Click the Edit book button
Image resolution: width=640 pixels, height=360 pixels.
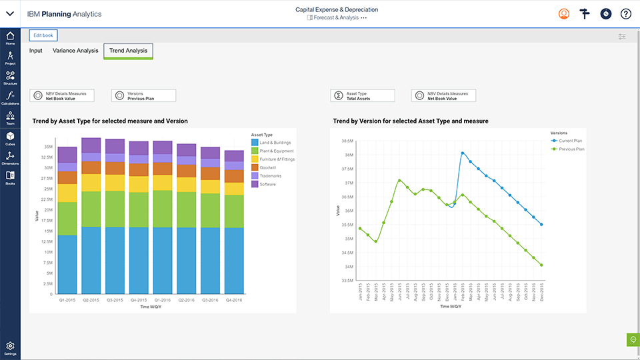click(43, 35)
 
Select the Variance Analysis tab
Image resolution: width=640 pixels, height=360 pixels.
click(75, 51)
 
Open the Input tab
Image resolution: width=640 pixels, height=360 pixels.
click(35, 51)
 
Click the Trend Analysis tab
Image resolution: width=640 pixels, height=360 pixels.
click(128, 51)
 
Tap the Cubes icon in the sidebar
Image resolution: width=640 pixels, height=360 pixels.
click(10, 138)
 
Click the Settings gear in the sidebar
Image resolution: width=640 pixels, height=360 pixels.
click(10, 347)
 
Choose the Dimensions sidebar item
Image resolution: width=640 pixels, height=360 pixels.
click(10, 157)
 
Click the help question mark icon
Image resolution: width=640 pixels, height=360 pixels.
click(625, 14)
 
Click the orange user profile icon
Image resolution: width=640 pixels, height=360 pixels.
click(564, 14)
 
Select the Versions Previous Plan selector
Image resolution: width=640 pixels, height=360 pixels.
click(143, 96)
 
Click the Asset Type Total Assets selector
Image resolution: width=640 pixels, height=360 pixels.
click(362, 96)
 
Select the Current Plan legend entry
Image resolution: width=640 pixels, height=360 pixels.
click(570, 141)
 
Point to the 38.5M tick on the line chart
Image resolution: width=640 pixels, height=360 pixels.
click(346, 141)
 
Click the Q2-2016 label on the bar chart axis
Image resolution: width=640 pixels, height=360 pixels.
click(187, 300)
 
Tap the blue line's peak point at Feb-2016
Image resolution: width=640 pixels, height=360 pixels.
click(462, 153)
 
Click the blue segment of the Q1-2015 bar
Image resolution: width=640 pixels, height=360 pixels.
click(67, 264)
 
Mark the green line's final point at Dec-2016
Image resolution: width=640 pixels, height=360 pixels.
click(541, 265)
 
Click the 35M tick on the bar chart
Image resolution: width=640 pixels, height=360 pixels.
click(48, 146)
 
